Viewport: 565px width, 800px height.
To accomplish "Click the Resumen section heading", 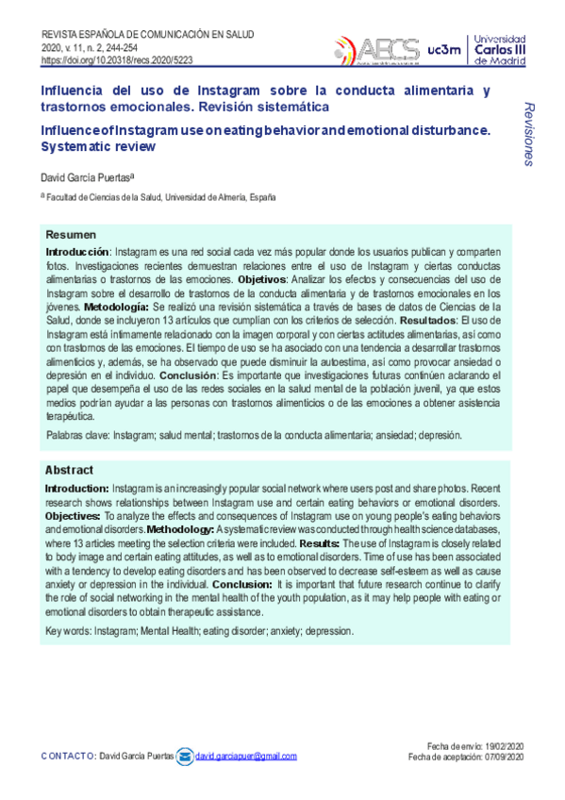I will pos(71,234).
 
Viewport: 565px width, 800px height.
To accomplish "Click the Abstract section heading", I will pos(69,470).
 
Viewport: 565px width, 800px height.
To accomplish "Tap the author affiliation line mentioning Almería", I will pos(159,197).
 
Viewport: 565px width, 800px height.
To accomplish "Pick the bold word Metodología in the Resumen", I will pos(115,308).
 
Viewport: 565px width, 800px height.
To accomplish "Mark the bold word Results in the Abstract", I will pos(319,543).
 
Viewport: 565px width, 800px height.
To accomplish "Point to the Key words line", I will pos(200,631).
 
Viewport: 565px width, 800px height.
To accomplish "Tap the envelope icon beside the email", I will pos(185,756).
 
